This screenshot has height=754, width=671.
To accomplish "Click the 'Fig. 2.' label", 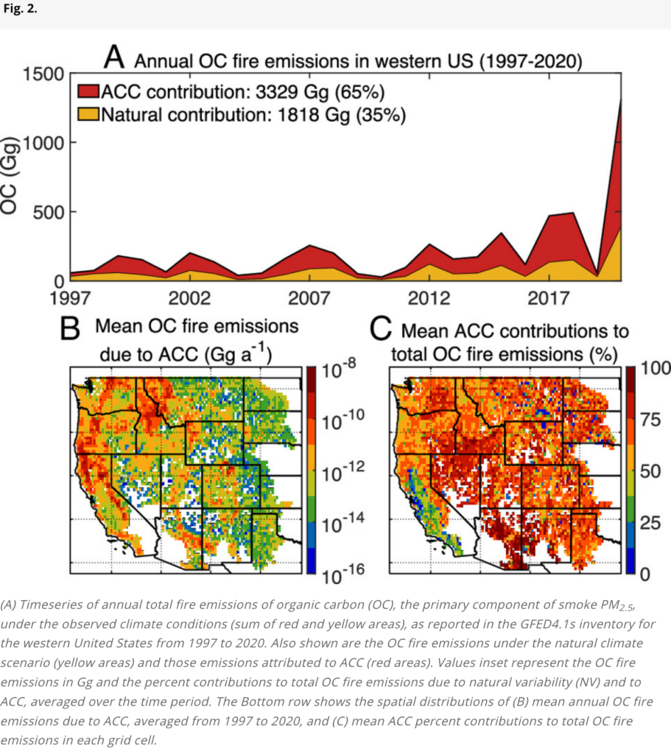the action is [x=20, y=9].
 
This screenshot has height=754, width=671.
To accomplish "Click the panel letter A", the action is [x=114, y=57].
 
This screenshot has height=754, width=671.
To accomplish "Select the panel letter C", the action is [x=381, y=329].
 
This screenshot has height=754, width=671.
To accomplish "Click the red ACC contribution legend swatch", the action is [x=88, y=91].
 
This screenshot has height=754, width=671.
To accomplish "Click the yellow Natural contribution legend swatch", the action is [x=88, y=114].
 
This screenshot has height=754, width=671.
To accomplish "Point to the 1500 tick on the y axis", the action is [x=43, y=74].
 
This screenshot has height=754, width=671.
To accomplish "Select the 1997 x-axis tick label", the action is [x=70, y=299].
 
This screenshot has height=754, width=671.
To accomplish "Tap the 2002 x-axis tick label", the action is [x=189, y=299].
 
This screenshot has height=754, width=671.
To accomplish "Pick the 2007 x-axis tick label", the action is [x=309, y=299].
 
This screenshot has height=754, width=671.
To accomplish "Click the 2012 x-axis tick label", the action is [x=429, y=299].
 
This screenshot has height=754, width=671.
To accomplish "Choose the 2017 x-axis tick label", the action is [x=549, y=299].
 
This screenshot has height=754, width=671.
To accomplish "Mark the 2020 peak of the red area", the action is [x=621, y=99].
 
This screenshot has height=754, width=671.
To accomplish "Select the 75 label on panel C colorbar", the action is [x=651, y=420].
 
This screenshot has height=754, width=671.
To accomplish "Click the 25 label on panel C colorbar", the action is [x=651, y=523].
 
